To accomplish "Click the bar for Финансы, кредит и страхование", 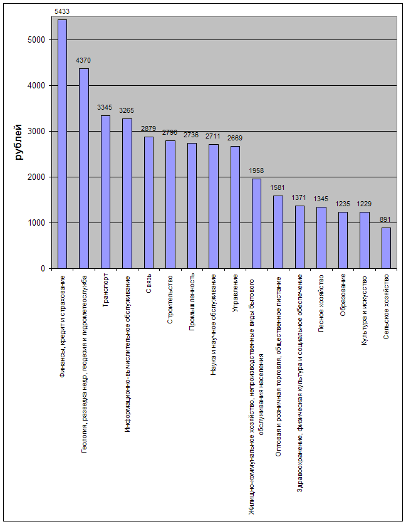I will (62, 144).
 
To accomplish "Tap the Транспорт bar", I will (105, 192).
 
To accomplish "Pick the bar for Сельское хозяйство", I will (386, 248).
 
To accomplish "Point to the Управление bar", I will (235, 207).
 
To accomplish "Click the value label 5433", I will (62, 12).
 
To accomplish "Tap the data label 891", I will (386, 219).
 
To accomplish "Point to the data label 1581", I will (278, 187).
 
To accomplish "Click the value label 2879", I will (148, 128).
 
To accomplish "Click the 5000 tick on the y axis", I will (37, 40).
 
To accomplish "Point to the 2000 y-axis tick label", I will (37, 177).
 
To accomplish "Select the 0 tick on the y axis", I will (43, 269).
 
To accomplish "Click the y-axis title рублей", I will (19, 143).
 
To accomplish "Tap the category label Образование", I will (343, 295).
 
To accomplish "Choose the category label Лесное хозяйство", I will (321, 303).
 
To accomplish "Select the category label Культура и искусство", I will (364, 310).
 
